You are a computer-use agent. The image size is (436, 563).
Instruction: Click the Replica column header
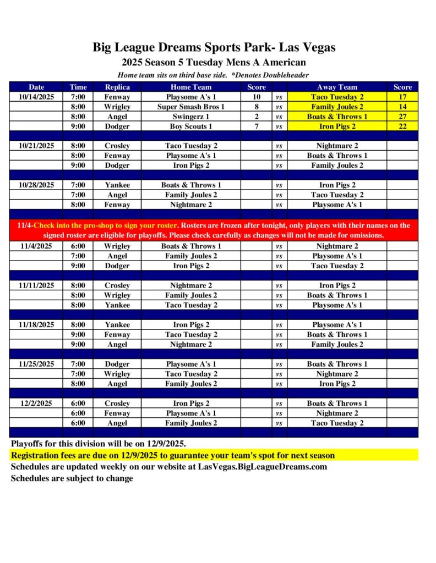click(x=117, y=87)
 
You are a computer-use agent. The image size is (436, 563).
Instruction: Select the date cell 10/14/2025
click(x=36, y=97)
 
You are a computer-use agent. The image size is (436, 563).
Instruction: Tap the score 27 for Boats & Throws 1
click(x=402, y=117)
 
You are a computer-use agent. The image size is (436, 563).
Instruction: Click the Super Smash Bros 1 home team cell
click(x=190, y=107)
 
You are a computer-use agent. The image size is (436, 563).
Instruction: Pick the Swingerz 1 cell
click(x=190, y=117)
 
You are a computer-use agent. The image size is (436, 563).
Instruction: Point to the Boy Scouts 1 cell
click(x=190, y=126)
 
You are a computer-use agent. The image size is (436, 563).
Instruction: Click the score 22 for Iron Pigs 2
click(x=402, y=126)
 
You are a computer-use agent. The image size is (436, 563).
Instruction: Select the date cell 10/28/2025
click(x=36, y=185)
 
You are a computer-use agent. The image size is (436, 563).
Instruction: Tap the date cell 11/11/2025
click(x=36, y=285)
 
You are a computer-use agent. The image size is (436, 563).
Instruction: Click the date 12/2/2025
click(x=36, y=403)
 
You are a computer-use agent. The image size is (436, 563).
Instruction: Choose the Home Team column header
click(x=190, y=87)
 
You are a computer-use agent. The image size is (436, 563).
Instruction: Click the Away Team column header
click(x=337, y=87)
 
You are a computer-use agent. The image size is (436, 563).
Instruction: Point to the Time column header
click(x=78, y=87)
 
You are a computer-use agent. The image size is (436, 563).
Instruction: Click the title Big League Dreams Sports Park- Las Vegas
click(x=214, y=48)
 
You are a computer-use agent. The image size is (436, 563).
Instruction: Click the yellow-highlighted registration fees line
click(x=173, y=456)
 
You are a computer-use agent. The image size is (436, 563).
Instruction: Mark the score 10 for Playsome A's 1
click(x=257, y=97)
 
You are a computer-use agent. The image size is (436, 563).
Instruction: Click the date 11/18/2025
click(x=36, y=325)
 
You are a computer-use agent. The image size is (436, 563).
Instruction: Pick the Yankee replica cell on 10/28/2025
click(x=117, y=185)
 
